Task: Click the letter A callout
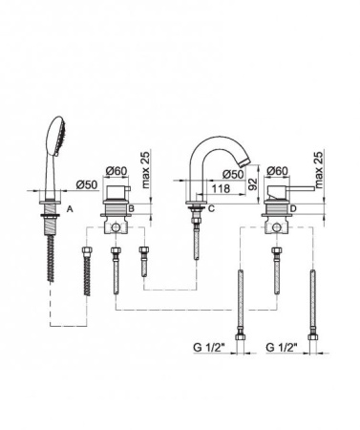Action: (70, 209)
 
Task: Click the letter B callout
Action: (132, 208)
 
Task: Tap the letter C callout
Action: (211, 208)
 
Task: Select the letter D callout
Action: (293, 208)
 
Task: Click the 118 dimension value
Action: (221, 188)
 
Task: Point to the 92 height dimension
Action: (252, 183)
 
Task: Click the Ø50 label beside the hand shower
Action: (87, 184)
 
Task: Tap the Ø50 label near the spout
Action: (233, 174)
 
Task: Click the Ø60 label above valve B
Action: (116, 171)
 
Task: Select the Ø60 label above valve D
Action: (277, 171)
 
